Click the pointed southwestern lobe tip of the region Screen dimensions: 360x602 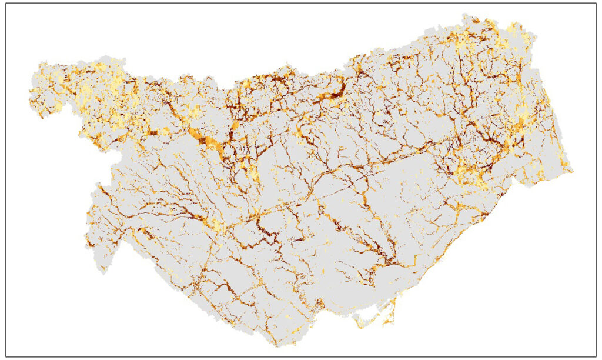pos(103,272)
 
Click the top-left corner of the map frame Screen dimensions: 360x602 pos(6,4)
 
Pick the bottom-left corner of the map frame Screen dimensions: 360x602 pos(6,356)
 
